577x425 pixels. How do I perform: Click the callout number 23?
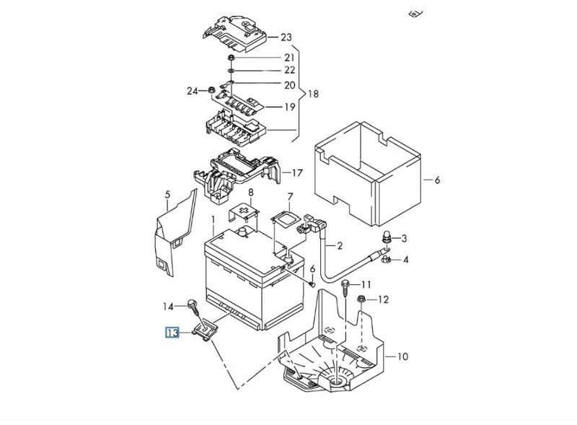tap(286, 38)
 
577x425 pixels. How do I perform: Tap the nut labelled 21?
tap(231, 58)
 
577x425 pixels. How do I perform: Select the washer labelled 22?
tap(231, 70)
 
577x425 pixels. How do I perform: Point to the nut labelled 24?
tap(211, 89)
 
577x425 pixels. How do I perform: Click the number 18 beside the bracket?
tap(313, 94)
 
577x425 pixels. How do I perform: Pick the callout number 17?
tap(297, 172)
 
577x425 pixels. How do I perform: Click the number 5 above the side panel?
tap(168, 194)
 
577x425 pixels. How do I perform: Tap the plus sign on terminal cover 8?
tap(243, 211)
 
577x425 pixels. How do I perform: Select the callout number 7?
tap(290, 197)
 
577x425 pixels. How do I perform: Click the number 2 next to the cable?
tap(340, 245)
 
